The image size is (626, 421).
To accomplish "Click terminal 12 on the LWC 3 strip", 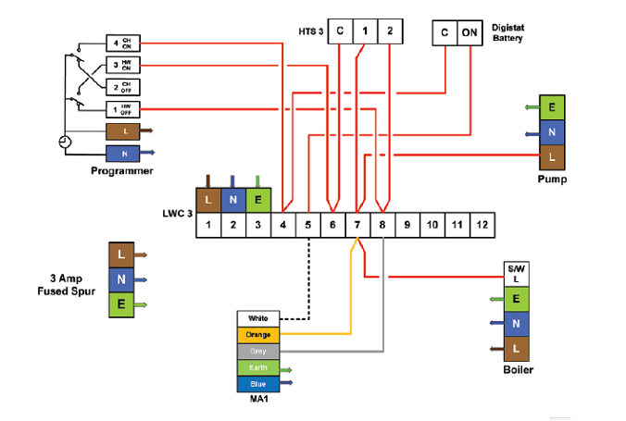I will click(x=481, y=225).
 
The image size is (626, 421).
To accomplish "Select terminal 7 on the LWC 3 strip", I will click(x=357, y=225).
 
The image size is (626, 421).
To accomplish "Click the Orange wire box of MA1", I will click(x=258, y=334).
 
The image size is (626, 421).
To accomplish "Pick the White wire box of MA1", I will click(x=258, y=318).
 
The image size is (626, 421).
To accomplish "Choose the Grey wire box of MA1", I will click(x=258, y=351).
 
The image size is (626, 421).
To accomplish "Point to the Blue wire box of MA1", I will click(x=258, y=383).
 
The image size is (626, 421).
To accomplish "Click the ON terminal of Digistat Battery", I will click(x=470, y=32).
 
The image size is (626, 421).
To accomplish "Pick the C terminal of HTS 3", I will click(x=340, y=31).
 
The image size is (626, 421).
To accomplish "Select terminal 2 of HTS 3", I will click(x=391, y=31).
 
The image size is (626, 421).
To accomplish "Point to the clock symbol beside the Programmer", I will click(x=64, y=142).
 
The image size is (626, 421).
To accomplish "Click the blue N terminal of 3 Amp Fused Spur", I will click(x=121, y=279).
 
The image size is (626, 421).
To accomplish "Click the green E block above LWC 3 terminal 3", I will click(x=257, y=200).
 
